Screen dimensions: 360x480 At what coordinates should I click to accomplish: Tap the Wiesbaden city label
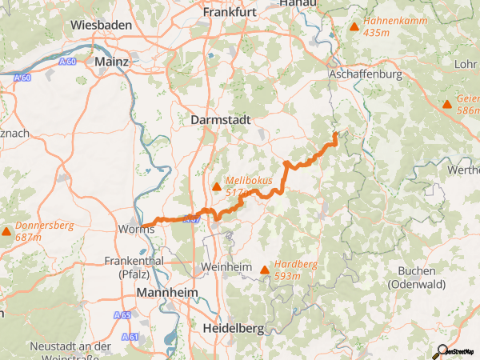pyautogui.click(x=101, y=26)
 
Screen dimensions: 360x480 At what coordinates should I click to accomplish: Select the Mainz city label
pyautogui.click(x=111, y=61)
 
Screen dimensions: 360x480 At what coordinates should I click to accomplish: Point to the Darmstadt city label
pyautogui.click(x=222, y=119)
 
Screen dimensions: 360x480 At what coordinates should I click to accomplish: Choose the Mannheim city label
pyautogui.click(x=167, y=293)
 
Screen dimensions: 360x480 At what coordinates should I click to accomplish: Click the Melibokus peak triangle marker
pyautogui.click(x=216, y=187)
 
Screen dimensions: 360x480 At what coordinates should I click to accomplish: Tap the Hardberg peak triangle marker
pyautogui.click(x=264, y=270)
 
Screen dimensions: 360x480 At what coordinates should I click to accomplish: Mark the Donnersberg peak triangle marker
pyautogui.click(x=6, y=232)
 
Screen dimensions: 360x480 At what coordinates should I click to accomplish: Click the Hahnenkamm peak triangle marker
pyautogui.click(x=354, y=27)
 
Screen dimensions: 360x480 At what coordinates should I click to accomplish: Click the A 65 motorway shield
pyautogui.click(x=122, y=315)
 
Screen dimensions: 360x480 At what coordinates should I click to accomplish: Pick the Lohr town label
pyautogui.click(x=464, y=63)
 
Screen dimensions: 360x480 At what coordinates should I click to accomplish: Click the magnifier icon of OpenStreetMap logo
pyautogui.click(x=439, y=351)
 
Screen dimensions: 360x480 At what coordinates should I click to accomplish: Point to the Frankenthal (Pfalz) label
pyautogui.click(x=134, y=266)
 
